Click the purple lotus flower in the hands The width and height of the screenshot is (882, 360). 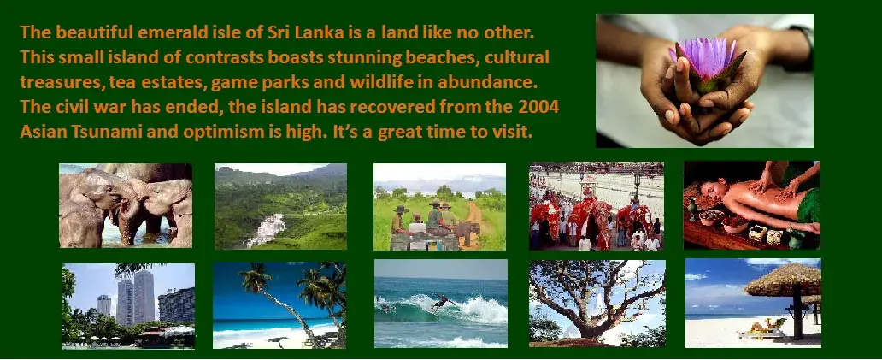click(x=706, y=58)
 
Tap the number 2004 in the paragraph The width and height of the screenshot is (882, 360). click(x=539, y=107)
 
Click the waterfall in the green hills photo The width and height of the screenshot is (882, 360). click(x=267, y=229)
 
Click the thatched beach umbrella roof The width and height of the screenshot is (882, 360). click(x=783, y=280)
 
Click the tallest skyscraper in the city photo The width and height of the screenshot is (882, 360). click(x=144, y=297)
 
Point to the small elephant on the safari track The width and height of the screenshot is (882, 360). click(x=467, y=232)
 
